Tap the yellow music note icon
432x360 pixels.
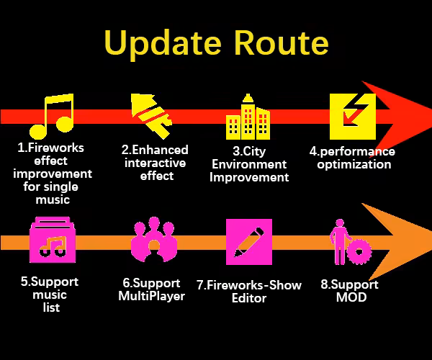[x=52, y=117]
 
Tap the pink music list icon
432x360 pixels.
[x=52, y=241]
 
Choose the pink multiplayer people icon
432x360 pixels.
[x=153, y=241]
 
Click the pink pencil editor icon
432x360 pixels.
[x=249, y=241]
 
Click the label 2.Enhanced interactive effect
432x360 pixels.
[x=155, y=162]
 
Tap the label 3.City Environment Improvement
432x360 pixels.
[x=249, y=164]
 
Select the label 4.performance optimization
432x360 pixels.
[x=352, y=158]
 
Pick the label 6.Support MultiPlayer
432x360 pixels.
[x=151, y=289]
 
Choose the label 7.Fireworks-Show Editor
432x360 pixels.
[x=249, y=291]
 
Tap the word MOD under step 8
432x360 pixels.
[x=351, y=297]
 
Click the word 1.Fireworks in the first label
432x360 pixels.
[x=51, y=148]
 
